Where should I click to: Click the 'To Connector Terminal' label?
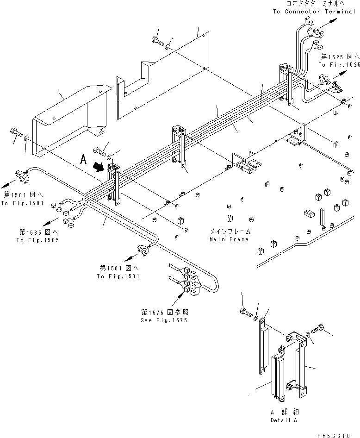(314, 12)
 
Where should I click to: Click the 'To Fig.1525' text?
(339, 64)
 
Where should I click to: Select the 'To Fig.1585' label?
(37, 240)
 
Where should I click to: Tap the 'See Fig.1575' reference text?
(164, 320)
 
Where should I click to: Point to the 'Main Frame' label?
(229, 239)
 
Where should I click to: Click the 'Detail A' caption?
(284, 420)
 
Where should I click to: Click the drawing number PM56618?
(334, 436)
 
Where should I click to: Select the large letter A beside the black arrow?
(83, 159)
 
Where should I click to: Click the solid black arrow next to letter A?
(98, 167)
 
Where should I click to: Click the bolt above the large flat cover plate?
(157, 41)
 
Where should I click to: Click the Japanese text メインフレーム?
(230, 232)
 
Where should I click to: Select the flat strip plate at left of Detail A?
(263, 346)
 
